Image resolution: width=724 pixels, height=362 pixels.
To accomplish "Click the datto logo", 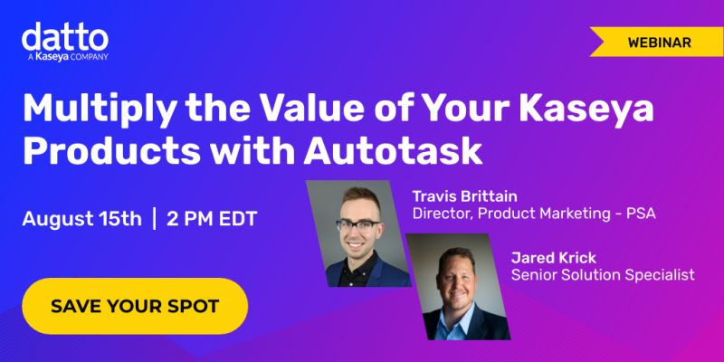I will pyautogui.click(x=65, y=38).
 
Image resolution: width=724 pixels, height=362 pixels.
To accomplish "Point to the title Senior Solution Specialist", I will pyautogui.click(x=603, y=274).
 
